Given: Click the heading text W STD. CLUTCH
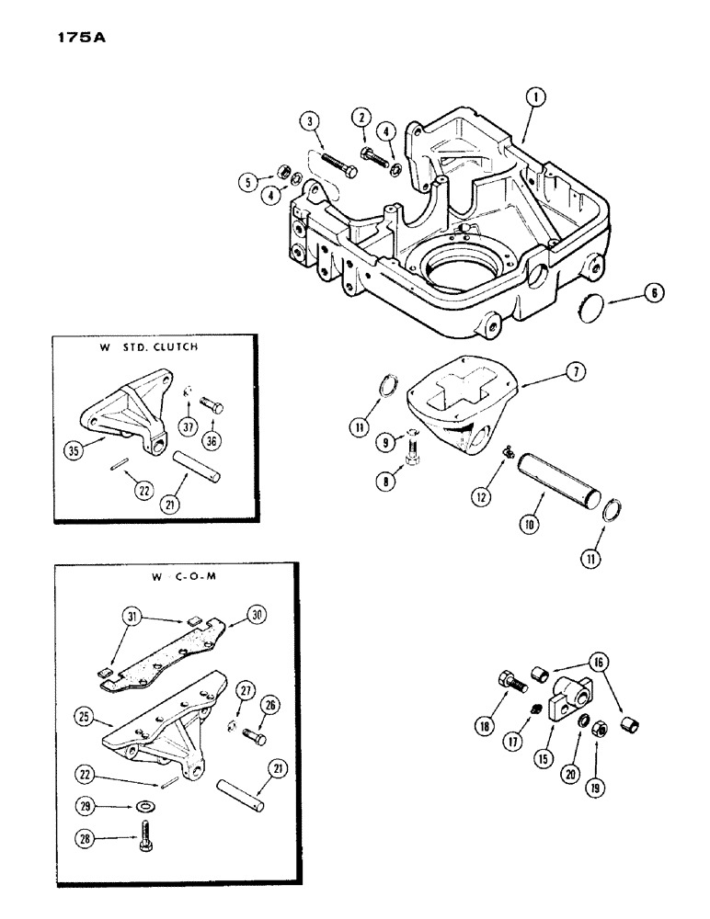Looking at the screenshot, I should [x=149, y=349].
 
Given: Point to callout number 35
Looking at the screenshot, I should [x=74, y=450].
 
